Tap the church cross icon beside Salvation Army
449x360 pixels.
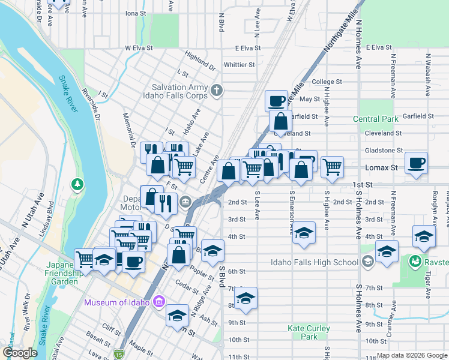click(217, 91)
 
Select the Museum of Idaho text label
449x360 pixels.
click(116, 302)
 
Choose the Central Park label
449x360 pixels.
click(376, 119)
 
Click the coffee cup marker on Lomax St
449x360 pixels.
click(416, 162)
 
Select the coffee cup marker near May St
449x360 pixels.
click(276, 100)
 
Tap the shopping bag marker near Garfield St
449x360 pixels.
click(280, 121)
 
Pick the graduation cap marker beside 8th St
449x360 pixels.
click(245, 298)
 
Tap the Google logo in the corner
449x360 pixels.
click(20, 352)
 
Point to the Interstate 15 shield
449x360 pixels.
click(120, 354)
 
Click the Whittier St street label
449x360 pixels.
click(239, 65)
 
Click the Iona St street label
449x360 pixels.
click(136, 13)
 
